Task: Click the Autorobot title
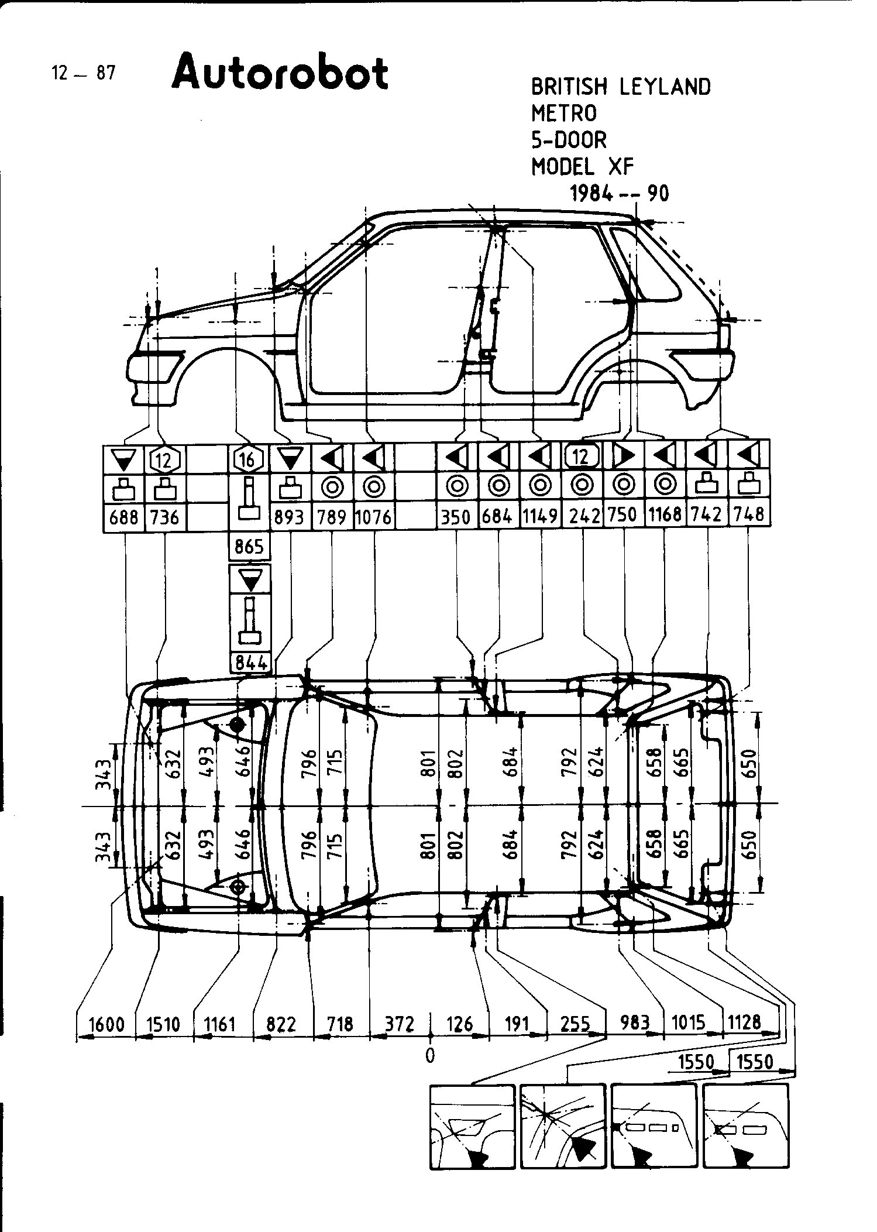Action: click(x=280, y=73)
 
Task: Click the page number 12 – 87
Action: click(x=84, y=73)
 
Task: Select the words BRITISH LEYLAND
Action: click(x=621, y=87)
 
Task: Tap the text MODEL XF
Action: click(x=582, y=167)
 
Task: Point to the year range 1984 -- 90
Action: click(x=620, y=194)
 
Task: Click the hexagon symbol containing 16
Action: click(x=248, y=459)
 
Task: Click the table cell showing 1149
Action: click(x=540, y=516)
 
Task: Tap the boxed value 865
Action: click(x=249, y=547)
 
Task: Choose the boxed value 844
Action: click(x=250, y=663)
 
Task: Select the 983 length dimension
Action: click(x=635, y=1022)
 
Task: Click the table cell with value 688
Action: click(x=123, y=517)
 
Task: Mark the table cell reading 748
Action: click(x=748, y=514)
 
